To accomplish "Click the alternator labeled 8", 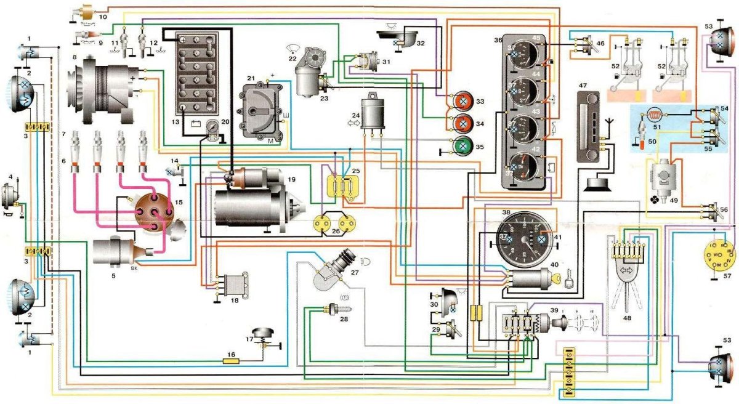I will (102, 86).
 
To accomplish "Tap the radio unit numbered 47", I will (591, 126).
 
